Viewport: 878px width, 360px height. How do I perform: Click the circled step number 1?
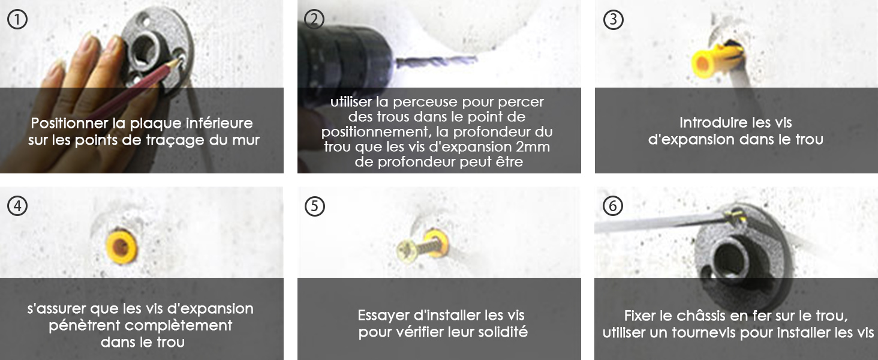click(17, 20)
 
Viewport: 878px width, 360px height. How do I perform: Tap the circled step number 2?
click(314, 19)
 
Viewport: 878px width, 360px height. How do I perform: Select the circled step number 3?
click(613, 20)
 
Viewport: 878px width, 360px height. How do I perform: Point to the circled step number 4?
click(17, 206)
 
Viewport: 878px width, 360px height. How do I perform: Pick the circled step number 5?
click(315, 206)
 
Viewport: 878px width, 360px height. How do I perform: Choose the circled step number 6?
click(613, 206)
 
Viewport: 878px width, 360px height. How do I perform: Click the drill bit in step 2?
click(436, 61)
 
